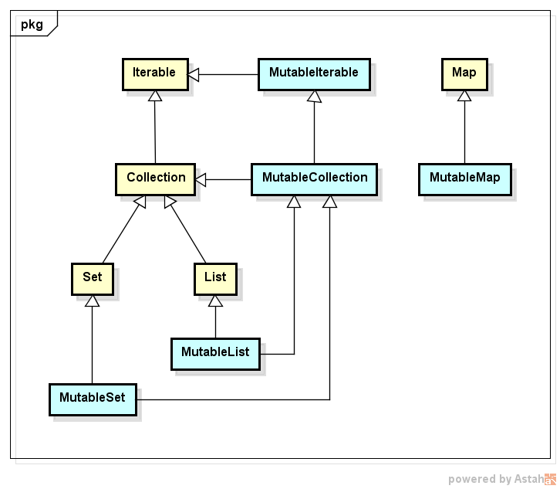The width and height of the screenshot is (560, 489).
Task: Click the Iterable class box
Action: point(154,73)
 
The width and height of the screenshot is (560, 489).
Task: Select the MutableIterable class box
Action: point(313,73)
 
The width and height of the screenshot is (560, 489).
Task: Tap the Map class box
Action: point(464,73)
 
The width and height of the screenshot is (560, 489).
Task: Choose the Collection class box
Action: point(156,178)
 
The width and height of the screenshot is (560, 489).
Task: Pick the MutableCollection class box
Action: point(314,178)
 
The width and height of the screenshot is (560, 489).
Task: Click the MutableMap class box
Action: point(464,178)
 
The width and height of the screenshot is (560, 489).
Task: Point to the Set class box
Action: point(92,277)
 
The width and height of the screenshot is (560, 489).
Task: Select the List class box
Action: point(215,277)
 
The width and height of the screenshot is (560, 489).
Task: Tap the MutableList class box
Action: point(215,352)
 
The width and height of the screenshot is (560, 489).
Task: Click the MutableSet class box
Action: point(93,399)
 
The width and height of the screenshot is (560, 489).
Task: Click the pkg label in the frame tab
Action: point(32,24)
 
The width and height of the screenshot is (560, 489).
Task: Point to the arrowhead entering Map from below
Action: point(464,97)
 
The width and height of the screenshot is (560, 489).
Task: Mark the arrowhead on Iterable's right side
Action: point(194,74)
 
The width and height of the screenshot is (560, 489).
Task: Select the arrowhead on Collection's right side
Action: point(201,181)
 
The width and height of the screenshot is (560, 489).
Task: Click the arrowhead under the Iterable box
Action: point(155,97)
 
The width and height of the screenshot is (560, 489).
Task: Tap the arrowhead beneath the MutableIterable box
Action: point(314,97)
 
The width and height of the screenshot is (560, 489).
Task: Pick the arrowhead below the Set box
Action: point(93,301)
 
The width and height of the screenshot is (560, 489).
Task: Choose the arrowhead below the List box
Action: point(215,301)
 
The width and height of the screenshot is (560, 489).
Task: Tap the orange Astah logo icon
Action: point(550,479)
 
